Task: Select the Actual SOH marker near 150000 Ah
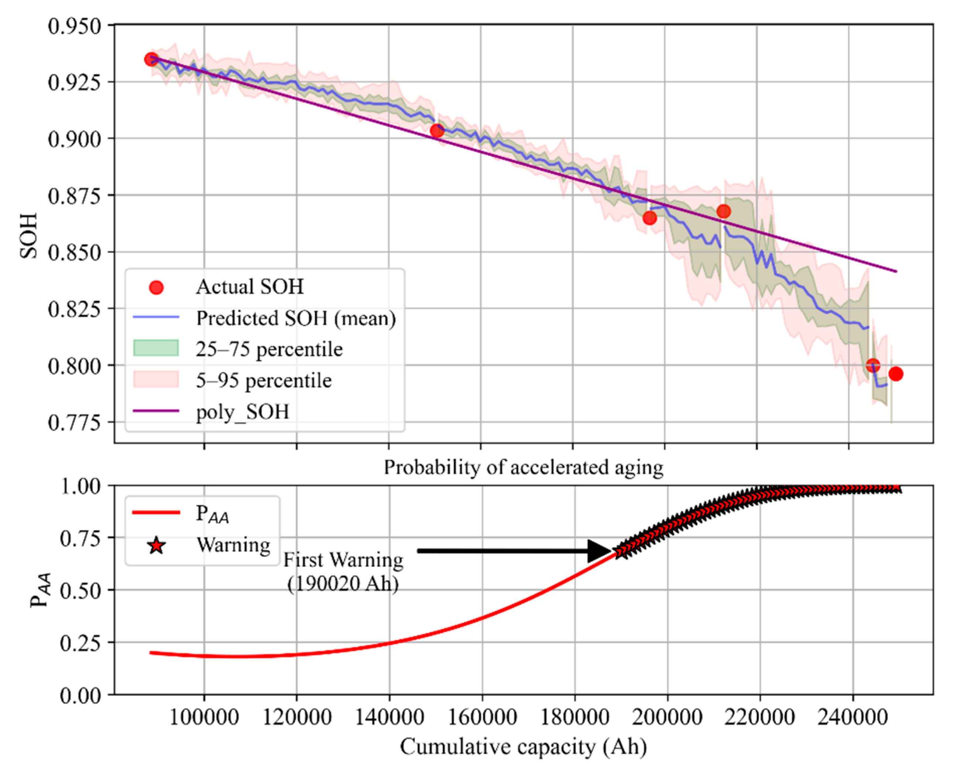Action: (x=437, y=131)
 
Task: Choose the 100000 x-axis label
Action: (x=204, y=717)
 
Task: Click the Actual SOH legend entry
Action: (x=250, y=287)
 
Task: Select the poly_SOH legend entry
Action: (x=242, y=412)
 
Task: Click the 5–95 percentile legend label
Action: (x=264, y=381)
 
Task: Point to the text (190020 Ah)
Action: (x=343, y=584)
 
